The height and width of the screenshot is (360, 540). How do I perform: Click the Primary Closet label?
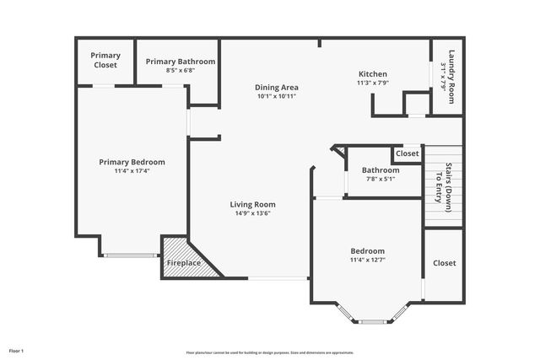pos(105,60)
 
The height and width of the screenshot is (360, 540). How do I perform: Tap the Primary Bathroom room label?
pos(180,62)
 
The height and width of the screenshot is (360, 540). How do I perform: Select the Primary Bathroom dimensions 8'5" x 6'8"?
pos(180,71)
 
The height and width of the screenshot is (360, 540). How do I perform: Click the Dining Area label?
pos(277,87)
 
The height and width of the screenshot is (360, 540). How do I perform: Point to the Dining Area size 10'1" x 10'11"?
pos(277,96)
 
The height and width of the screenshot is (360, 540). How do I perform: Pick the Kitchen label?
pos(372,74)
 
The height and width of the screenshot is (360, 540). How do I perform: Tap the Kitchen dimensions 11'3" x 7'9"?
pos(372,83)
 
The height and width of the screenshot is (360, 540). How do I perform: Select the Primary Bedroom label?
pos(132,162)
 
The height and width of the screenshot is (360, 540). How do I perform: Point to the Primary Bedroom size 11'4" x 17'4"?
pos(132,171)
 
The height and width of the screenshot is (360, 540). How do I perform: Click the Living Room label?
pos(252,204)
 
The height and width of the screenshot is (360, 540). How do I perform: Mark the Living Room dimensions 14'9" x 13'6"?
pos(252,213)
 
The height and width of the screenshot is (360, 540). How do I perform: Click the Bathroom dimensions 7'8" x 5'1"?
pos(381,179)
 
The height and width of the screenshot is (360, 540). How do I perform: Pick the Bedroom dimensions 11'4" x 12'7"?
pos(367,261)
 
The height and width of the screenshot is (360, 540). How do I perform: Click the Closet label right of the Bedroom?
pos(444,263)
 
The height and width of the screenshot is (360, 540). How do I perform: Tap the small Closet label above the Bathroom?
pos(408,153)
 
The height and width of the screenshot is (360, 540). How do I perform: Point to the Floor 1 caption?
pos(16,350)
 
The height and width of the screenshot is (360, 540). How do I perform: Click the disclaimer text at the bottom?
pos(270,352)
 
